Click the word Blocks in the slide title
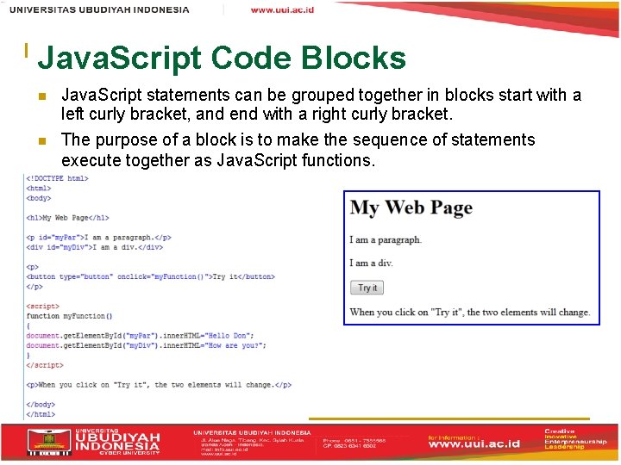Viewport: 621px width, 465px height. coord(353,58)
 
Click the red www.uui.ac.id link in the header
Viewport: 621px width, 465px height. coord(282,9)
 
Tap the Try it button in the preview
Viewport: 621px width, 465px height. coord(367,288)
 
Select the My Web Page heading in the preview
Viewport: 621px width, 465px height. coord(411,208)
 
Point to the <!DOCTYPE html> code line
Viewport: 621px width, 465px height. coord(57,179)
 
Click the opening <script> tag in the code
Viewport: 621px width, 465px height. coord(43,306)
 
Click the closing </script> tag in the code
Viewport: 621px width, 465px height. coord(45,365)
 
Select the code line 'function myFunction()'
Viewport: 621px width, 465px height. coord(70,316)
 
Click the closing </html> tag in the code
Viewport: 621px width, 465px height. coord(40,414)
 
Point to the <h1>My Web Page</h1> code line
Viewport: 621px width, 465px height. coord(67,218)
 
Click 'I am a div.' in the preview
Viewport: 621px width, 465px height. coord(371,263)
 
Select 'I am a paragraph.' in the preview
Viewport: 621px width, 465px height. coord(386,240)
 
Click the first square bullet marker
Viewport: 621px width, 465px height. coord(41,96)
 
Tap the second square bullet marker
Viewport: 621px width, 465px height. coord(41,140)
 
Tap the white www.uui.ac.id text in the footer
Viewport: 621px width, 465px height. coord(474,443)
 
